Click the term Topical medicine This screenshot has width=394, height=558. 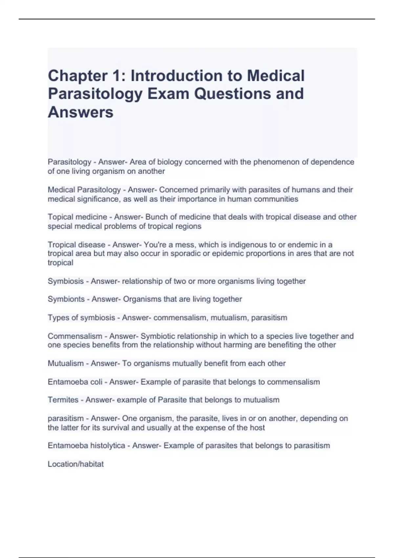[x=77, y=217]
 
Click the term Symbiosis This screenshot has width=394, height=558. [x=65, y=281]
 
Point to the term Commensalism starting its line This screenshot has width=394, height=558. [x=75, y=336]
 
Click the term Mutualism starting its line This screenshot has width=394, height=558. [x=66, y=363]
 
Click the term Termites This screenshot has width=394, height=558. [x=63, y=400]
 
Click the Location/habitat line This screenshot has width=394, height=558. [x=76, y=464]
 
